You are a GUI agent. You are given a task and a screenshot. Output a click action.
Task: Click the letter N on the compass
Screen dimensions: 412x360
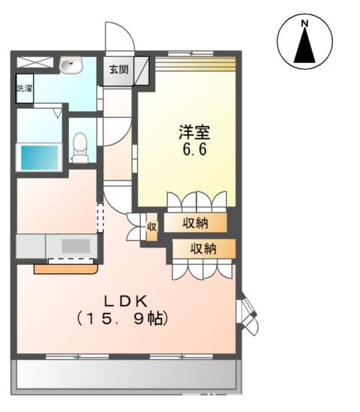304,24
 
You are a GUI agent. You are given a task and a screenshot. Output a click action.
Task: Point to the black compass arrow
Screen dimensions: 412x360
304,47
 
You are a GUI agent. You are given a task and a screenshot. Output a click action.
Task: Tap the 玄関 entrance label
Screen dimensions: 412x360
118,70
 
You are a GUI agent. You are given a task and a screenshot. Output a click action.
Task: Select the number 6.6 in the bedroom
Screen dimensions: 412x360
193,149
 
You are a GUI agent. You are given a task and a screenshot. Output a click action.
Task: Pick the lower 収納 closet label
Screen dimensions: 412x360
202,248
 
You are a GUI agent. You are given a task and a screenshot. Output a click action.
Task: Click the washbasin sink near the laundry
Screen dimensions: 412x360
72,65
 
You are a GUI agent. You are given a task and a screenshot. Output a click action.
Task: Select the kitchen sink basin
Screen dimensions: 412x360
75,245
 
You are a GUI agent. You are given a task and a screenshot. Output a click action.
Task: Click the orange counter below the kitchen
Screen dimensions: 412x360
66,266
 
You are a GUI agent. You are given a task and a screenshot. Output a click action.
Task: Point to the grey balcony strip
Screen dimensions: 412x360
126,372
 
